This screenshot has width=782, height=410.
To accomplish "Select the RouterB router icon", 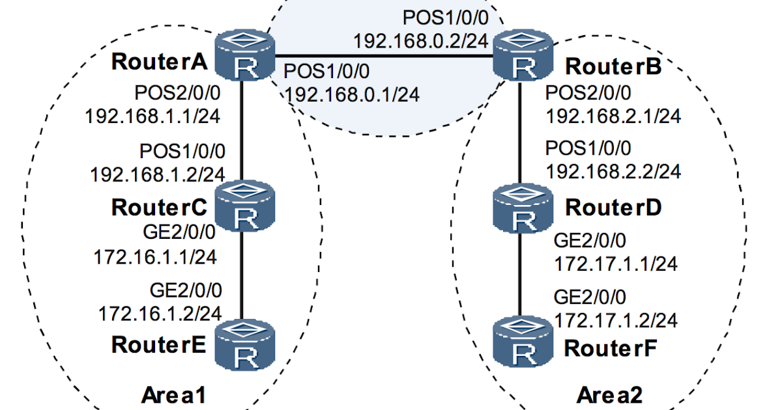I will click(x=520, y=55).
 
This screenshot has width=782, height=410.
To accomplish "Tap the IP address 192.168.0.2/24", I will click(x=420, y=40).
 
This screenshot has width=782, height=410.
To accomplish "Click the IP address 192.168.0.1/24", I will click(x=352, y=94).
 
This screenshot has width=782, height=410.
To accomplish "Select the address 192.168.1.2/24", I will click(x=157, y=174).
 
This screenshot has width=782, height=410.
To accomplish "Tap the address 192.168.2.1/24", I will click(x=613, y=116).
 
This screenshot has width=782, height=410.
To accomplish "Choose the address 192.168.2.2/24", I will click(x=613, y=171).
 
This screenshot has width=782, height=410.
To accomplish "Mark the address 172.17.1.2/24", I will click(x=615, y=320).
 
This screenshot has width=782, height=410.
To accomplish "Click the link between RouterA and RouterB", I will click(x=384, y=56).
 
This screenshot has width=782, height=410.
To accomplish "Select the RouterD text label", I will click(x=613, y=208).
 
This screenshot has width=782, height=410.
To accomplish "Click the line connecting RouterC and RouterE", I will click(x=244, y=273).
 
